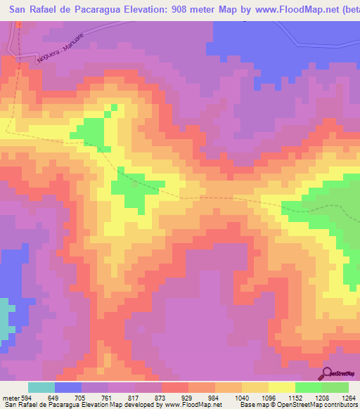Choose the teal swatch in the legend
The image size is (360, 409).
pos(41,388)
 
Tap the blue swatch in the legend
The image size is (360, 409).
pos(68,388)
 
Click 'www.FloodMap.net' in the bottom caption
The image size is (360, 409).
pos(192,405)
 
